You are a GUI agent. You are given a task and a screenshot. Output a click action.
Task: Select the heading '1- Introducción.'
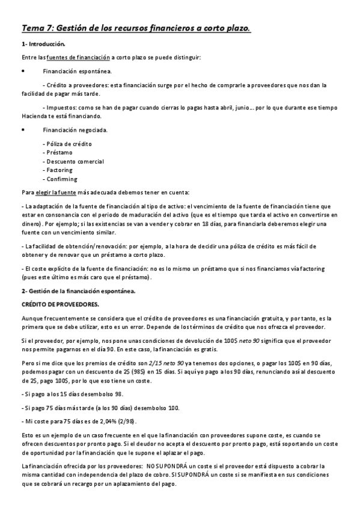pos(43,44)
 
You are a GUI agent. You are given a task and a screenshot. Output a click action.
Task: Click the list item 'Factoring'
pos(58,170)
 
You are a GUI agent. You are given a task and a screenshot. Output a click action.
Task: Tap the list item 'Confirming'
pos(60,179)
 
